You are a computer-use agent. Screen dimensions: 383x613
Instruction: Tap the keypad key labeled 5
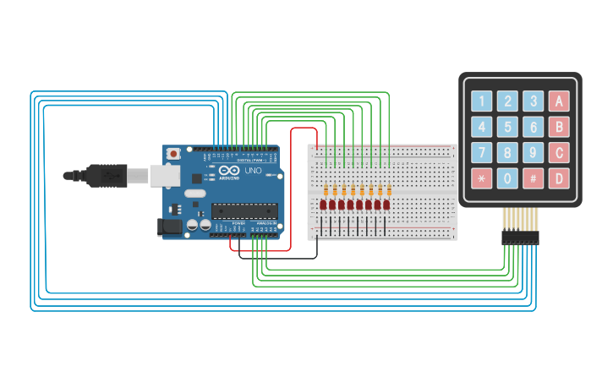(x=507, y=128)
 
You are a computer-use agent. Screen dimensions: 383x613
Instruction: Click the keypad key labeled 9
(x=533, y=153)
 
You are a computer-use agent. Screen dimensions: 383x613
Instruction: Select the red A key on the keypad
(x=558, y=101)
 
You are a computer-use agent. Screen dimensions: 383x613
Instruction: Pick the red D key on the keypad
(x=558, y=178)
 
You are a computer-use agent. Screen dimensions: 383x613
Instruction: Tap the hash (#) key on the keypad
(x=533, y=178)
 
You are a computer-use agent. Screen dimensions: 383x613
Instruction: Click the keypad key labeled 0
(x=507, y=178)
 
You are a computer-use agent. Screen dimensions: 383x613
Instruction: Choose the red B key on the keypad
(x=558, y=128)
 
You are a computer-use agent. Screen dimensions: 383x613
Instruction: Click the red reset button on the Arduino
(x=173, y=154)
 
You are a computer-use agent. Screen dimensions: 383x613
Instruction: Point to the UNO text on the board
(x=254, y=171)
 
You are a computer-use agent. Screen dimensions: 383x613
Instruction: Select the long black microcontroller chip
(x=244, y=211)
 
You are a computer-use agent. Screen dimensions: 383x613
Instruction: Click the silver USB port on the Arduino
(x=165, y=175)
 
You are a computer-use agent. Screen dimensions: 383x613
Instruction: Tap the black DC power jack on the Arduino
(x=170, y=227)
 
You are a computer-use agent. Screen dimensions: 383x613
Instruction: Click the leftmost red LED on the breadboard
(x=323, y=205)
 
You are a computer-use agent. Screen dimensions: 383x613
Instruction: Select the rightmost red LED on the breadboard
(x=386, y=205)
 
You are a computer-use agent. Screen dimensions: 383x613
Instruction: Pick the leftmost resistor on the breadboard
(x=326, y=189)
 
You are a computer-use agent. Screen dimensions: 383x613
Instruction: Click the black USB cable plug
(x=107, y=175)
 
